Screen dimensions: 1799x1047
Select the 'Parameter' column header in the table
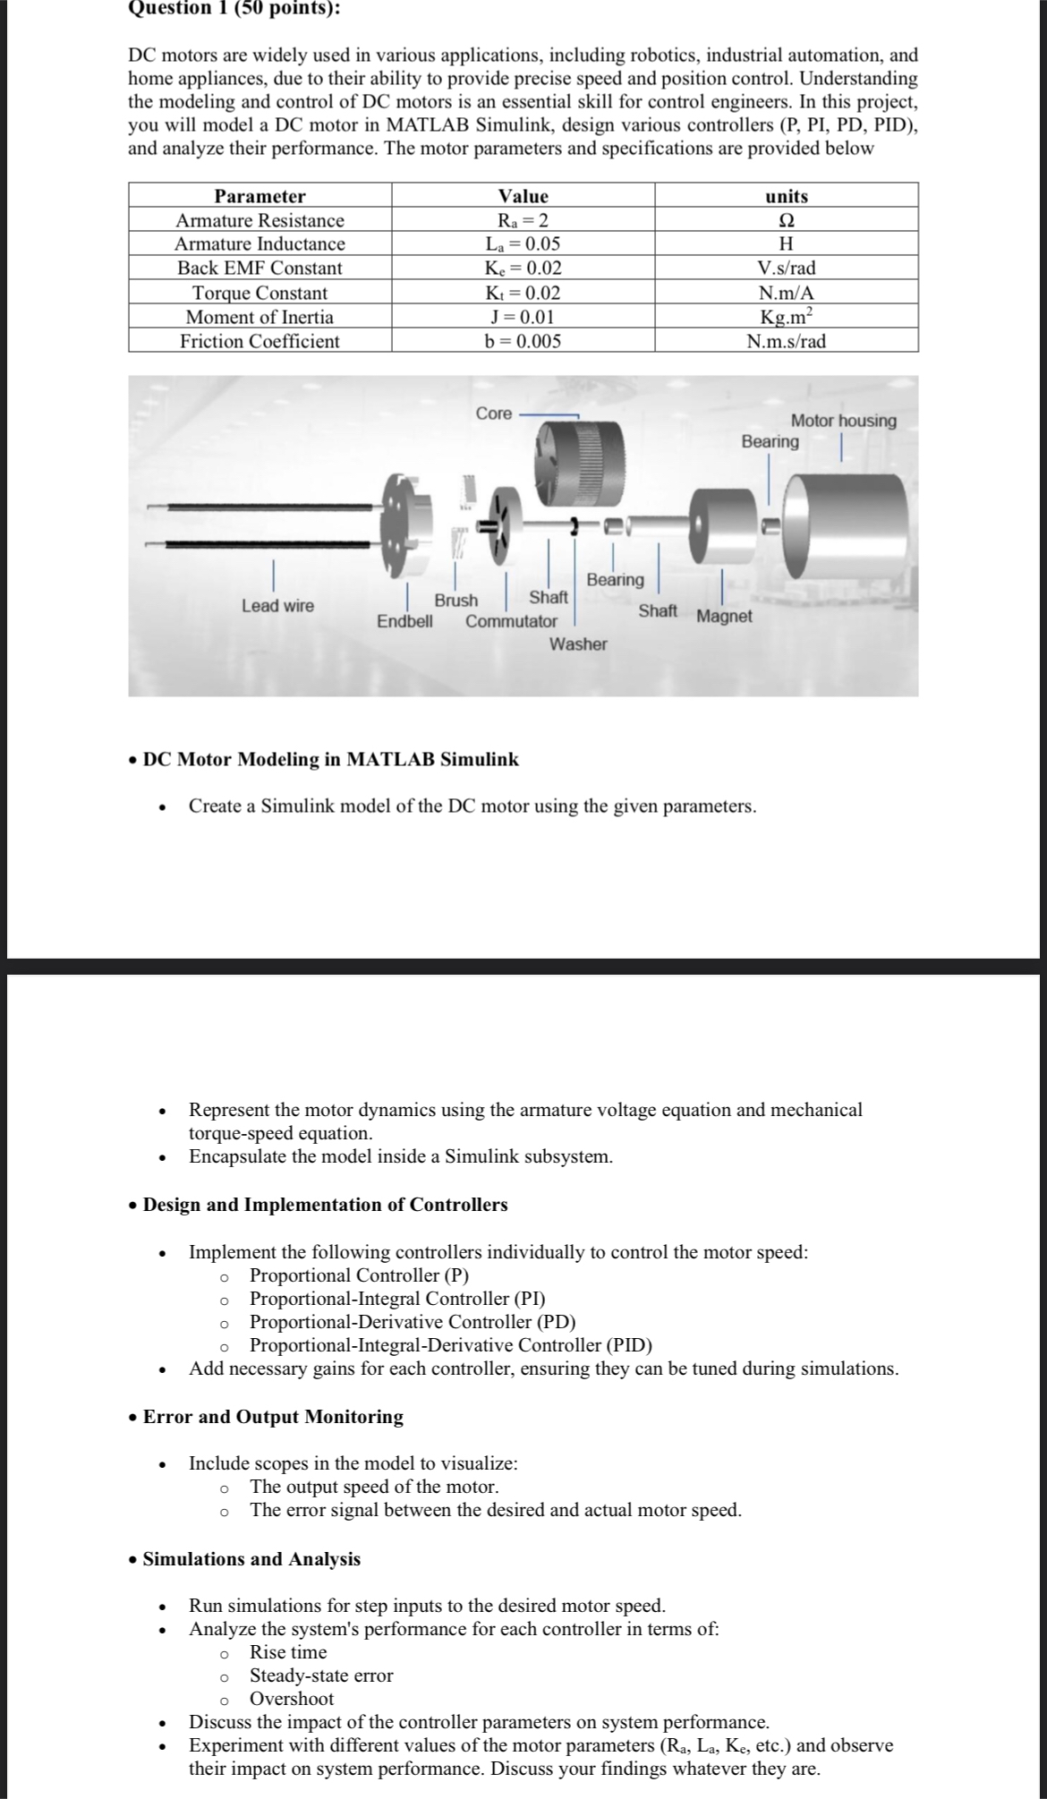point(260,196)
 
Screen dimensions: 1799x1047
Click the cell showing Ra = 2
point(523,220)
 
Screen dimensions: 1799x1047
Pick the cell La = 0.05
point(523,243)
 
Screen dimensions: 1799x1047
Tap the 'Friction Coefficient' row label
point(260,341)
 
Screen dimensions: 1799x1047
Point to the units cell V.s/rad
point(786,268)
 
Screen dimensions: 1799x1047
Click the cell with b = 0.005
point(523,341)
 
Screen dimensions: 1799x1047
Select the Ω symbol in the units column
point(787,220)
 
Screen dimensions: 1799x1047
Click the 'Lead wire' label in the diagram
point(277,606)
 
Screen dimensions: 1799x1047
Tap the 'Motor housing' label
point(843,421)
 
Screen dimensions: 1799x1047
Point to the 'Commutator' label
point(511,621)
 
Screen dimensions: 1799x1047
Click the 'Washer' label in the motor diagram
point(578,644)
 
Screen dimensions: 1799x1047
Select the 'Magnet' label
point(724,617)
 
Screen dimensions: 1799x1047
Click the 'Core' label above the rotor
point(494,414)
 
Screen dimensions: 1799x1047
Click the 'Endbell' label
point(404,621)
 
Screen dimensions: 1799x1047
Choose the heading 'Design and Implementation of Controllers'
point(325,1205)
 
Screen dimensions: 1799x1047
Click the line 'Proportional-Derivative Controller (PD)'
point(413,1322)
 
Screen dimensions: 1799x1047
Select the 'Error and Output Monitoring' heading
point(273,1417)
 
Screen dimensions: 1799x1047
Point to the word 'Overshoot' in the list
point(292,1699)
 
